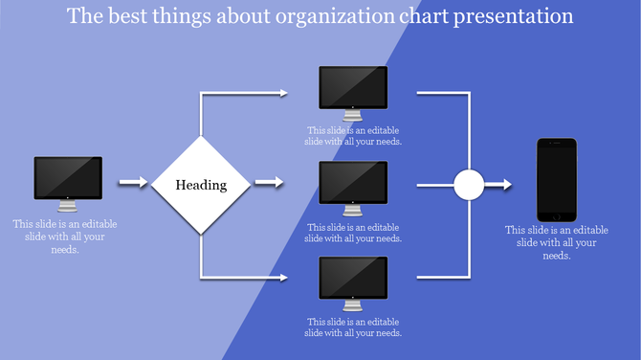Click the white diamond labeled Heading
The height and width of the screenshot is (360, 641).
[x=201, y=185]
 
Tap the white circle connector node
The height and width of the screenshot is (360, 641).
[x=468, y=184]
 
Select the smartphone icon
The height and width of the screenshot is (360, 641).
[x=556, y=179]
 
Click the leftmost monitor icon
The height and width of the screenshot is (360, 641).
[x=68, y=178]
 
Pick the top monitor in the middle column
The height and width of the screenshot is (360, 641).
[x=353, y=88]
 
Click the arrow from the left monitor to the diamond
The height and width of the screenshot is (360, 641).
[x=132, y=182]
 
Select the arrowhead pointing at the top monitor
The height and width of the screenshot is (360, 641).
[x=282, y=93]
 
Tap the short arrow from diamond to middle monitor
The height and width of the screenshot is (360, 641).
[x=269, y=182]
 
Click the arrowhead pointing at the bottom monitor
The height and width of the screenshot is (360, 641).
[x=282, y=278]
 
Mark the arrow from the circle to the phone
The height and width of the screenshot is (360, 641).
[x=500, y=184]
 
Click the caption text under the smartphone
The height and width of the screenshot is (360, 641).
[x=556, y=242]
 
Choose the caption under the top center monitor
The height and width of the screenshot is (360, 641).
[x=353, y=135]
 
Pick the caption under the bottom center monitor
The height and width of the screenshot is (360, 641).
[x=353, y=326]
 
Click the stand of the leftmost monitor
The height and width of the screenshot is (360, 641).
[x=68, y=206]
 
